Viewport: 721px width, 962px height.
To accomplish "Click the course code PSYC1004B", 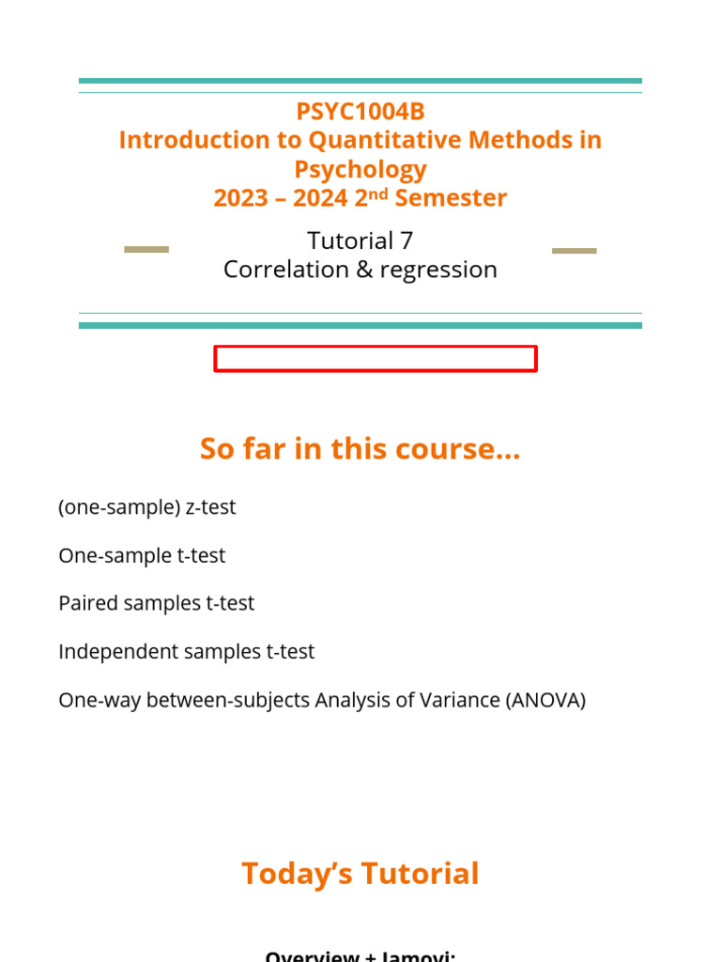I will tap(360, 112).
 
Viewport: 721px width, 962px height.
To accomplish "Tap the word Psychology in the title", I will tap(360, 169).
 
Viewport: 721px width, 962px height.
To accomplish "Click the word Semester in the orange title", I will tap(451, 198).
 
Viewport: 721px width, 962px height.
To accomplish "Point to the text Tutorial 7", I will tap(360, 240).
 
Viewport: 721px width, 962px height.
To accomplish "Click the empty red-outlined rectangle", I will tap(376, 359).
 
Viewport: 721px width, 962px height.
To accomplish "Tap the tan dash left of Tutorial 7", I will tap(146, 250).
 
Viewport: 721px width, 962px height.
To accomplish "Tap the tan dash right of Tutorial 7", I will tap(574, 251).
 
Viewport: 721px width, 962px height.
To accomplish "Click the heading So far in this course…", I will tap(360, 449).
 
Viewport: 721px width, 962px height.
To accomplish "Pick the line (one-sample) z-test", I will tap(147, 507).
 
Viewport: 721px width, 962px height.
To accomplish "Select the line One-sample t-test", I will tap(142, 556).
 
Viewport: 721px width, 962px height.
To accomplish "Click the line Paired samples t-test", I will tap(156, 603).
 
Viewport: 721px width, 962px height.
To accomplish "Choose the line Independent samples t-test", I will tap(187, 652).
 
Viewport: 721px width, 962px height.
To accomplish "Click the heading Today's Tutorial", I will tap(360, 874).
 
